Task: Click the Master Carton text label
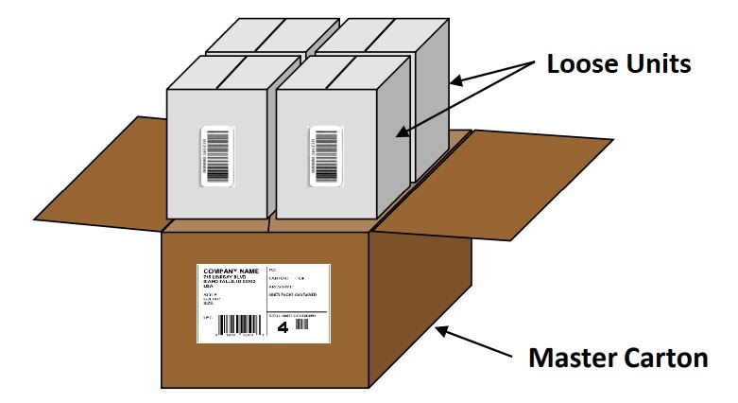[617, 358]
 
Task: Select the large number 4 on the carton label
[282, 327]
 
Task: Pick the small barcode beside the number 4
[303, 324]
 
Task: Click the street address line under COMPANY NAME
[226, 277]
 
